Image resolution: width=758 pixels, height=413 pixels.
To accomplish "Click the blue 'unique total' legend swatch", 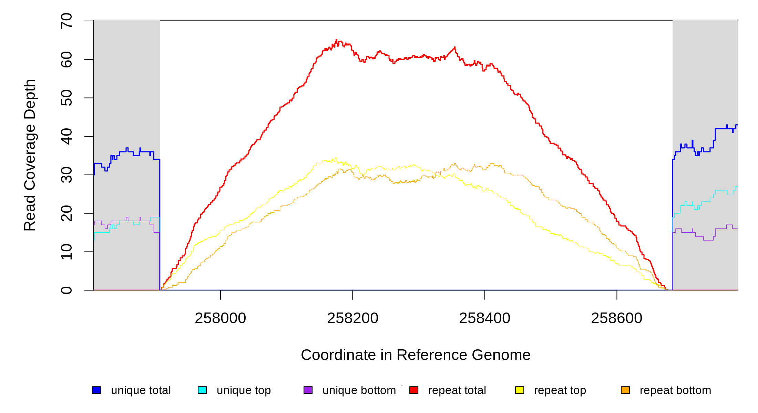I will (x=96, y=390).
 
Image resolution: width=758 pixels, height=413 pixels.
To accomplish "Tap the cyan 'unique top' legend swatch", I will (x=202, y=390).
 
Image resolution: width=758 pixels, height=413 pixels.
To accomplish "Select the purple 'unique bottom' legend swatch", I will (x=308, y=390).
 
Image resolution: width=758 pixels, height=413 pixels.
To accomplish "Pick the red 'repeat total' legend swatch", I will (x=414, y=390).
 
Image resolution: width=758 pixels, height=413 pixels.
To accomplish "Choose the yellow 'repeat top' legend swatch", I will (x=520, y=390).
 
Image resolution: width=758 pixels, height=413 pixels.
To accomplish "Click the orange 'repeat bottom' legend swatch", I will (x=625, y=390).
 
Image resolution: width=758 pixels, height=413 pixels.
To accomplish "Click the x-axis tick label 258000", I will (x=221, y=318).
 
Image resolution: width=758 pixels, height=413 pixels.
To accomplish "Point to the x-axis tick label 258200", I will (x=352, y=318).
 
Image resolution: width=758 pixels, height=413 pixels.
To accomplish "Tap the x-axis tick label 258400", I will (x=485, y=318).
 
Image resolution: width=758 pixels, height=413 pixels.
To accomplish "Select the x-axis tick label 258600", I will (x=617, y=318).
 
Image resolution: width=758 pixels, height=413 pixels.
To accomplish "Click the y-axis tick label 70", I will (x=66, y=21).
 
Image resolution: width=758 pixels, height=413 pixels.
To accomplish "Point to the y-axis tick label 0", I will (x=66, y=290).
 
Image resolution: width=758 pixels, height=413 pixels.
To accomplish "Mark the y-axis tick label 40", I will (x=66, y=136).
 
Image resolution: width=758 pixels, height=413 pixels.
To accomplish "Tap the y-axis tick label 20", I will (x=66, y=213).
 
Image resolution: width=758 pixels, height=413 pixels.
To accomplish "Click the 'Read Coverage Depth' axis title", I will (x=30, y=155).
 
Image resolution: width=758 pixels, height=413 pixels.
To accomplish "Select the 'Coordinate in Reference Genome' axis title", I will (x=416, y=355).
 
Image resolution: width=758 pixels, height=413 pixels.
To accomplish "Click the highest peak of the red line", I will (x=336, y=40).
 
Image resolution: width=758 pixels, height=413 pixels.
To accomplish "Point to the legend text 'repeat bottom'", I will (x=675, y=390).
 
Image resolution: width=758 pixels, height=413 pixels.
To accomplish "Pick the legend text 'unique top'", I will (x=244, y=390).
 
